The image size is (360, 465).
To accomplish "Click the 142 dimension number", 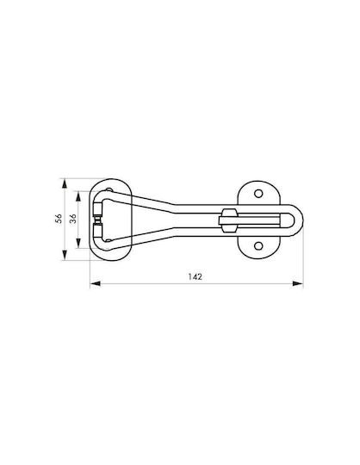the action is [196, 276].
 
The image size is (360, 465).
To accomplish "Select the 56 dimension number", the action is [59, 219].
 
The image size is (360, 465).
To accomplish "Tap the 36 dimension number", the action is [73, 219].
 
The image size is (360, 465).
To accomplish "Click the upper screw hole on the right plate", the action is [258, 194].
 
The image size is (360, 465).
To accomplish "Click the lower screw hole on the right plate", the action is [258, 245].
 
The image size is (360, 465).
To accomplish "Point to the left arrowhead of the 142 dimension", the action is [95, 284].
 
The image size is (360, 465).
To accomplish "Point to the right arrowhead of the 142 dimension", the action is [298, 284].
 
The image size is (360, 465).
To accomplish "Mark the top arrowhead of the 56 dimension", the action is [64, 183].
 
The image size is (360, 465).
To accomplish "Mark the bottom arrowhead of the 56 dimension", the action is [64, 255].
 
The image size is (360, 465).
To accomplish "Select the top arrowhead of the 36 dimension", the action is [78, 196].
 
